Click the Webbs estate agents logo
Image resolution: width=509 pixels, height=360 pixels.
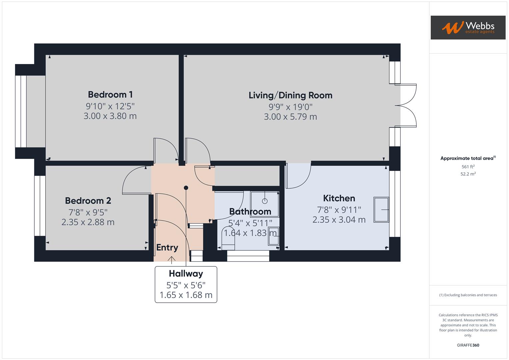468,27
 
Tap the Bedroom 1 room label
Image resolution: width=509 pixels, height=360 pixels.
110,95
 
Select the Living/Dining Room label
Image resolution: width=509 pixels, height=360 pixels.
290,95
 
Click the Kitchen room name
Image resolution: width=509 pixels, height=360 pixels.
339,198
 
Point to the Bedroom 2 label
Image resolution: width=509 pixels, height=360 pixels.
88,201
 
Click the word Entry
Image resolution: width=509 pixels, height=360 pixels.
167,247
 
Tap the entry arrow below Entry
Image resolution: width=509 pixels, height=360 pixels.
172,260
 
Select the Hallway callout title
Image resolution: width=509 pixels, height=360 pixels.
186,274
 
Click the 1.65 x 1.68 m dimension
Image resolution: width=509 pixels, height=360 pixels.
186,295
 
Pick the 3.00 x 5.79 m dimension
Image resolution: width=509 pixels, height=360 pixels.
290,117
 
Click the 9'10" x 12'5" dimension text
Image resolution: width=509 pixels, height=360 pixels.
110,106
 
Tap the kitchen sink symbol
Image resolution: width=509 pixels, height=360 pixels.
381,210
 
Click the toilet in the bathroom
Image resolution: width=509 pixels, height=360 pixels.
229,239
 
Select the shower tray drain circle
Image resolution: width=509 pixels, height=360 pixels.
265,201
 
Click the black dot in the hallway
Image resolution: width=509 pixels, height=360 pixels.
186,188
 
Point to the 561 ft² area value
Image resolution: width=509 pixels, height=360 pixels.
468,167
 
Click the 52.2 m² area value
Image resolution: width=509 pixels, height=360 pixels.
468,174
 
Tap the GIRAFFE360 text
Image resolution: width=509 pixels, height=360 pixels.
468,345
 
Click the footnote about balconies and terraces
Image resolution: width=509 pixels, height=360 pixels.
468,295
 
